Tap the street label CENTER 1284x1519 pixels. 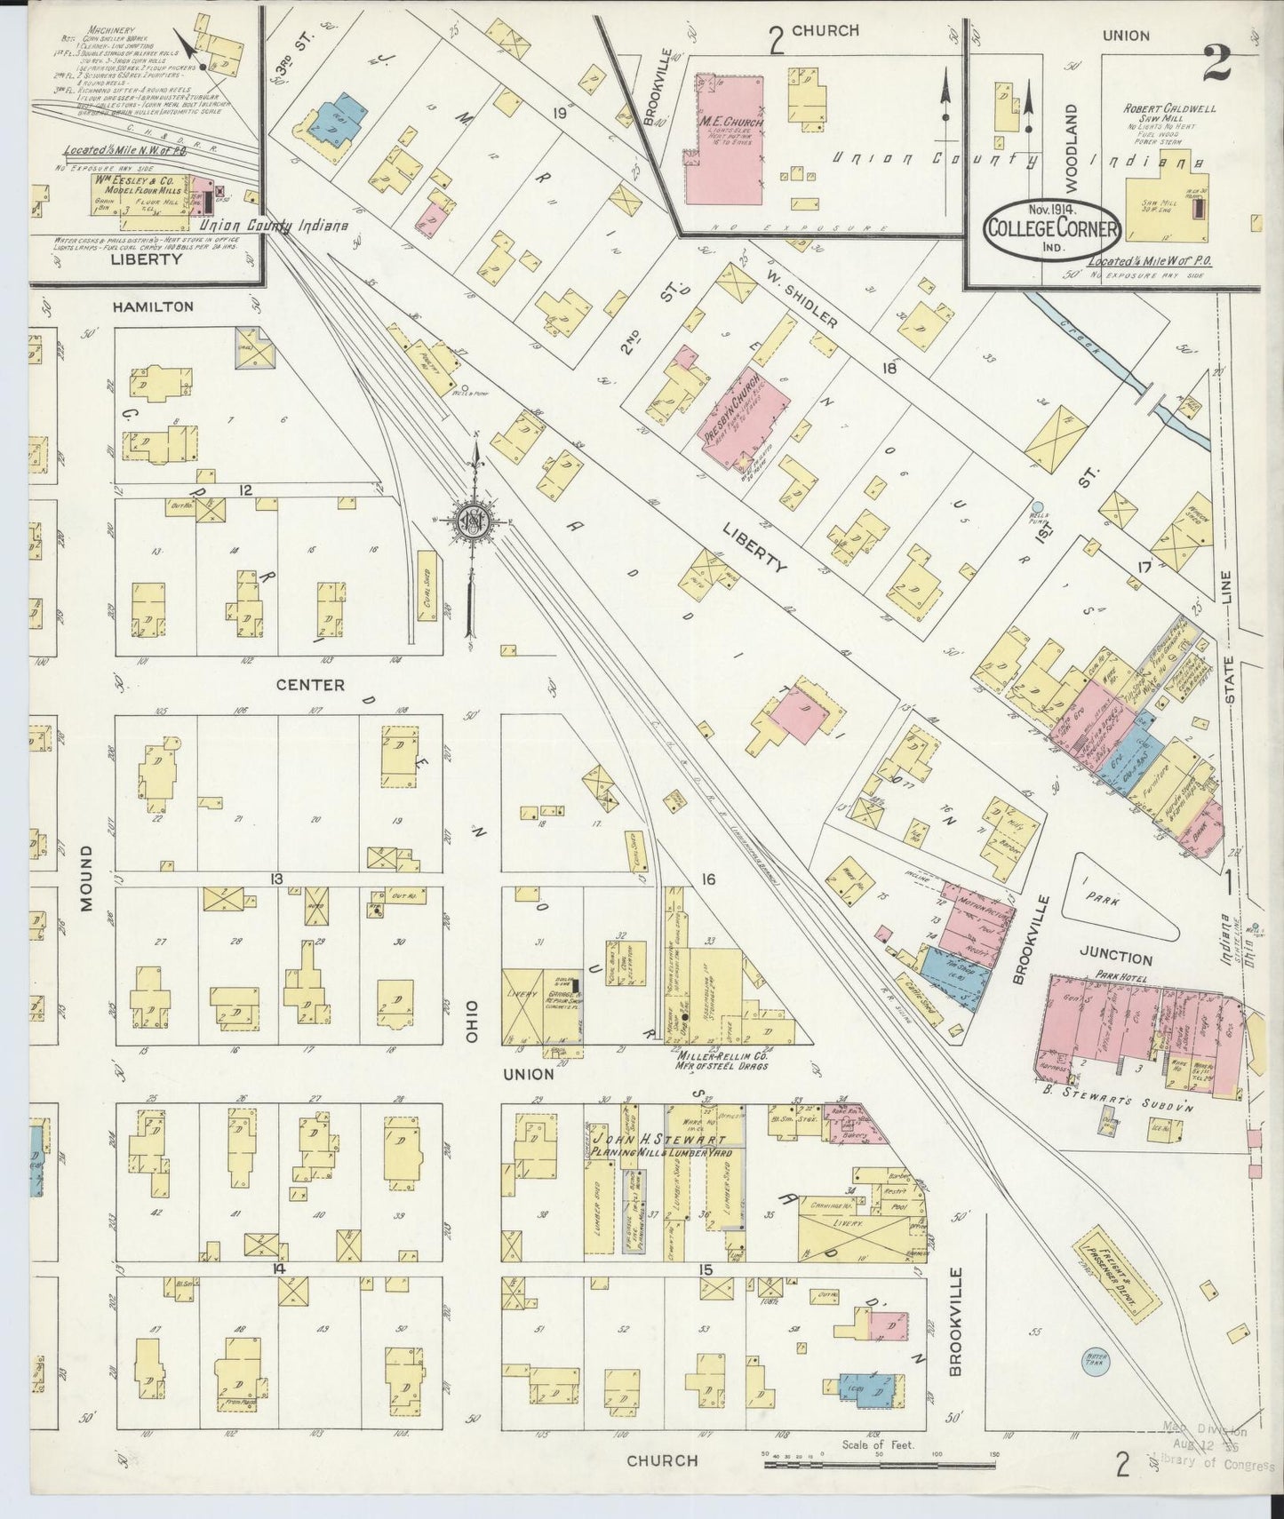[x=309, y=684]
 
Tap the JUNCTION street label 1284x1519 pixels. [x=1115, y=958]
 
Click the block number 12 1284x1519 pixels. [x=246, y=490]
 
